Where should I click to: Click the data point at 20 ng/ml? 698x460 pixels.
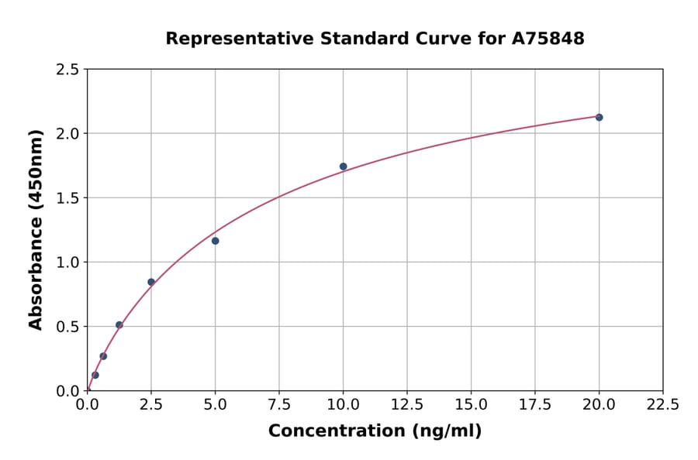tap(599, 117)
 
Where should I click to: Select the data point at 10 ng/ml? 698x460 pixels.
tap(343, 166)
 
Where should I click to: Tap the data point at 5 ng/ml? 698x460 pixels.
tap(215, 241)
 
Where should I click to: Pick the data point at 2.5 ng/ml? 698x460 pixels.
tap(151, 282)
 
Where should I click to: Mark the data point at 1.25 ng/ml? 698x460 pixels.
tap(119, 325)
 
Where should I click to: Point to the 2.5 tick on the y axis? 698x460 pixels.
tap(68, 70)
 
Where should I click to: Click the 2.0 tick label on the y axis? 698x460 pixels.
tap(68, 134)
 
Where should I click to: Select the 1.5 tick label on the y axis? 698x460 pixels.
tap(68, 198)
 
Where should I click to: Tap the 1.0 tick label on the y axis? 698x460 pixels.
tap(68, 263)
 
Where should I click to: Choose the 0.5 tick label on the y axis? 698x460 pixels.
tap(68, 327)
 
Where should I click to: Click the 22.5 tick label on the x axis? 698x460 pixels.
tap(662, 405)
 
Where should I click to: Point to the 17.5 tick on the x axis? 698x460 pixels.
tap(534, 405)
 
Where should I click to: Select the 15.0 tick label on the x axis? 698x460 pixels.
tap(471, 405)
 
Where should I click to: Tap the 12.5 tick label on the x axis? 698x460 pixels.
tap(407, 405)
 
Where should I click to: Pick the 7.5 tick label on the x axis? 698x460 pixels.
tap(279, 405)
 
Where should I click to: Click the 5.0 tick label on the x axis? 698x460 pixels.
tap(215, 405)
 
